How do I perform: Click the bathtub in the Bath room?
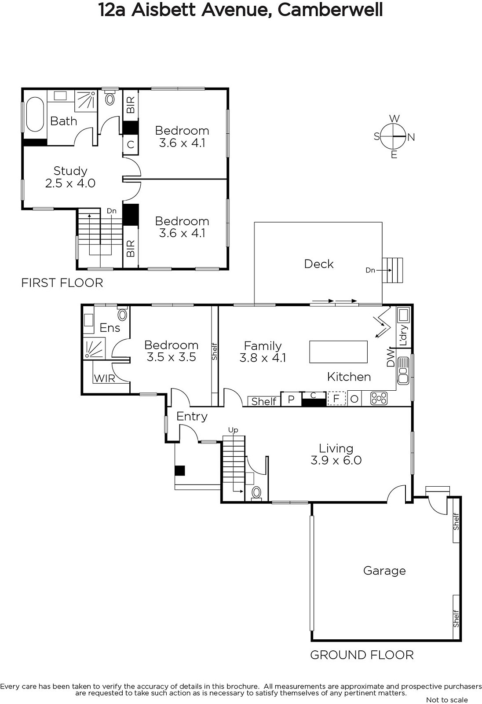(35, 114)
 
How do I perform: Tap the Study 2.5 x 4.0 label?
(70, 177)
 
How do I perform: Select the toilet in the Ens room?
(123, 314)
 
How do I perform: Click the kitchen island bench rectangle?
(338, 352)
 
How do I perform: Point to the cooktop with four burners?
(379, 399)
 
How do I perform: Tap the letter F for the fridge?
(336, 399)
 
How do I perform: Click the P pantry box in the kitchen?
(291, 399)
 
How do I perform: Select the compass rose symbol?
(394, 137)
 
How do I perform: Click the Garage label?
(384, 571)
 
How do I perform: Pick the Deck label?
(318, 264)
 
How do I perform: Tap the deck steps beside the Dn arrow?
(392, 270)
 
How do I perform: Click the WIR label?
(104, 378)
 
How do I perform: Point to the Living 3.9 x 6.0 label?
(336, 454)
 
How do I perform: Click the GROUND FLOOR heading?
(361, 655)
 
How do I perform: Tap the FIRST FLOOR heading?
(62, 283)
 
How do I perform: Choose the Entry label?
(192, 416)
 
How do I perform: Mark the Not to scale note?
(447, 700)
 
